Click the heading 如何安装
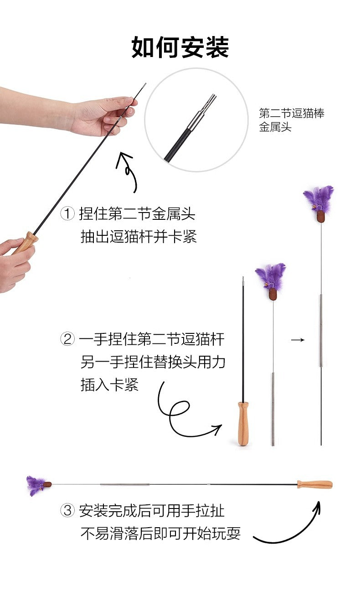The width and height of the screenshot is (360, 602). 180,47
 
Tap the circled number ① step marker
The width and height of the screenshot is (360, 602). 67,213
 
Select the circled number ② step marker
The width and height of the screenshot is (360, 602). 67,339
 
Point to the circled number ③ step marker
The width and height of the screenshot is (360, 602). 67,510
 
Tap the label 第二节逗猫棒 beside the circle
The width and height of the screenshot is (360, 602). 292,114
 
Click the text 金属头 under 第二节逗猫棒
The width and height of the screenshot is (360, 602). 275,127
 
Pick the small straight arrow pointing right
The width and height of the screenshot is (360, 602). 298,340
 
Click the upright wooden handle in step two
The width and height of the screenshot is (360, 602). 243,423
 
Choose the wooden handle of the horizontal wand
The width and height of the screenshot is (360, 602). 314,484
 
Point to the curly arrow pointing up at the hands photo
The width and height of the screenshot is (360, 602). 128,172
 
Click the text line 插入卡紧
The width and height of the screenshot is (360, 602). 109,384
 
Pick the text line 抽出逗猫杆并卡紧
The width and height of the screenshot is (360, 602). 139,237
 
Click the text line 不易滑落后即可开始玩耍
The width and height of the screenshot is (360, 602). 160,534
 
